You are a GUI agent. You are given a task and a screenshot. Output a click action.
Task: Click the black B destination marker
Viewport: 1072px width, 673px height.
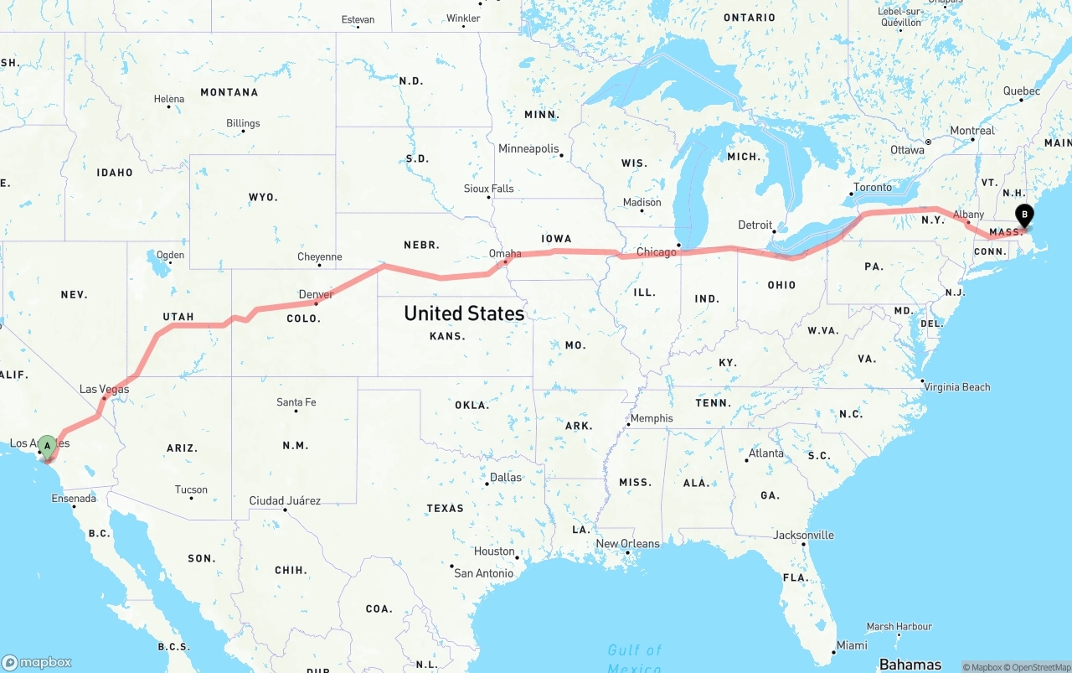1023,215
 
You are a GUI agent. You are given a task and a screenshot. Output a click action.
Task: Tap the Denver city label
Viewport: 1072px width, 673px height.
316,294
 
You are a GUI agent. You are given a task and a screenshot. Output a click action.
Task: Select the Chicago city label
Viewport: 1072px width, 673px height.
656,252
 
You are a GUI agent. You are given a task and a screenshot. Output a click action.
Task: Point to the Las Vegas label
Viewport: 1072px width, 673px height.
104,389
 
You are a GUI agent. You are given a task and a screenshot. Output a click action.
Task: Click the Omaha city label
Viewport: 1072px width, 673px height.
505,253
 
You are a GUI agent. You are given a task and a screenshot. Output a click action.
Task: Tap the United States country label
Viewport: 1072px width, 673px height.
463,313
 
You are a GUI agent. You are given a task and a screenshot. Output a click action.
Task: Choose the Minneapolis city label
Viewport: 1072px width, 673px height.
528,148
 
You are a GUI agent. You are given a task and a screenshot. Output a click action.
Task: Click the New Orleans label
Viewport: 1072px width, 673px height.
627,543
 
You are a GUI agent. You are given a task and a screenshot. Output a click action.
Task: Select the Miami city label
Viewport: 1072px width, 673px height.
852,645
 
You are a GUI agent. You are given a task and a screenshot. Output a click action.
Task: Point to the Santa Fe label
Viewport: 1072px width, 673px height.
296,402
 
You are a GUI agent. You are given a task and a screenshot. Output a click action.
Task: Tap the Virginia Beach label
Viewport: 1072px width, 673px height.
956,386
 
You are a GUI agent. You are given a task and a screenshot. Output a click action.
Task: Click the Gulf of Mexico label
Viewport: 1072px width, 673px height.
634,657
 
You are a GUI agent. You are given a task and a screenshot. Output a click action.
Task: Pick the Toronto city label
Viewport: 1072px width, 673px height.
873,187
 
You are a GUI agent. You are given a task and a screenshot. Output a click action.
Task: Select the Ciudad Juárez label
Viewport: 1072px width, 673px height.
285,500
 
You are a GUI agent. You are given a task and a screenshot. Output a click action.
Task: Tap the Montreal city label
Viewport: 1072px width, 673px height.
972,131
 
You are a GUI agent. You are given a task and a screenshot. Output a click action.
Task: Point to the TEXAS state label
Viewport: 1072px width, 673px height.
445,508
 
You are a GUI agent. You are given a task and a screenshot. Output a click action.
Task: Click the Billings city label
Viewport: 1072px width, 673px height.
243,123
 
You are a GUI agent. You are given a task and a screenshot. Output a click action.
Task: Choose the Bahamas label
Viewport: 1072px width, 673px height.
910,665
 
